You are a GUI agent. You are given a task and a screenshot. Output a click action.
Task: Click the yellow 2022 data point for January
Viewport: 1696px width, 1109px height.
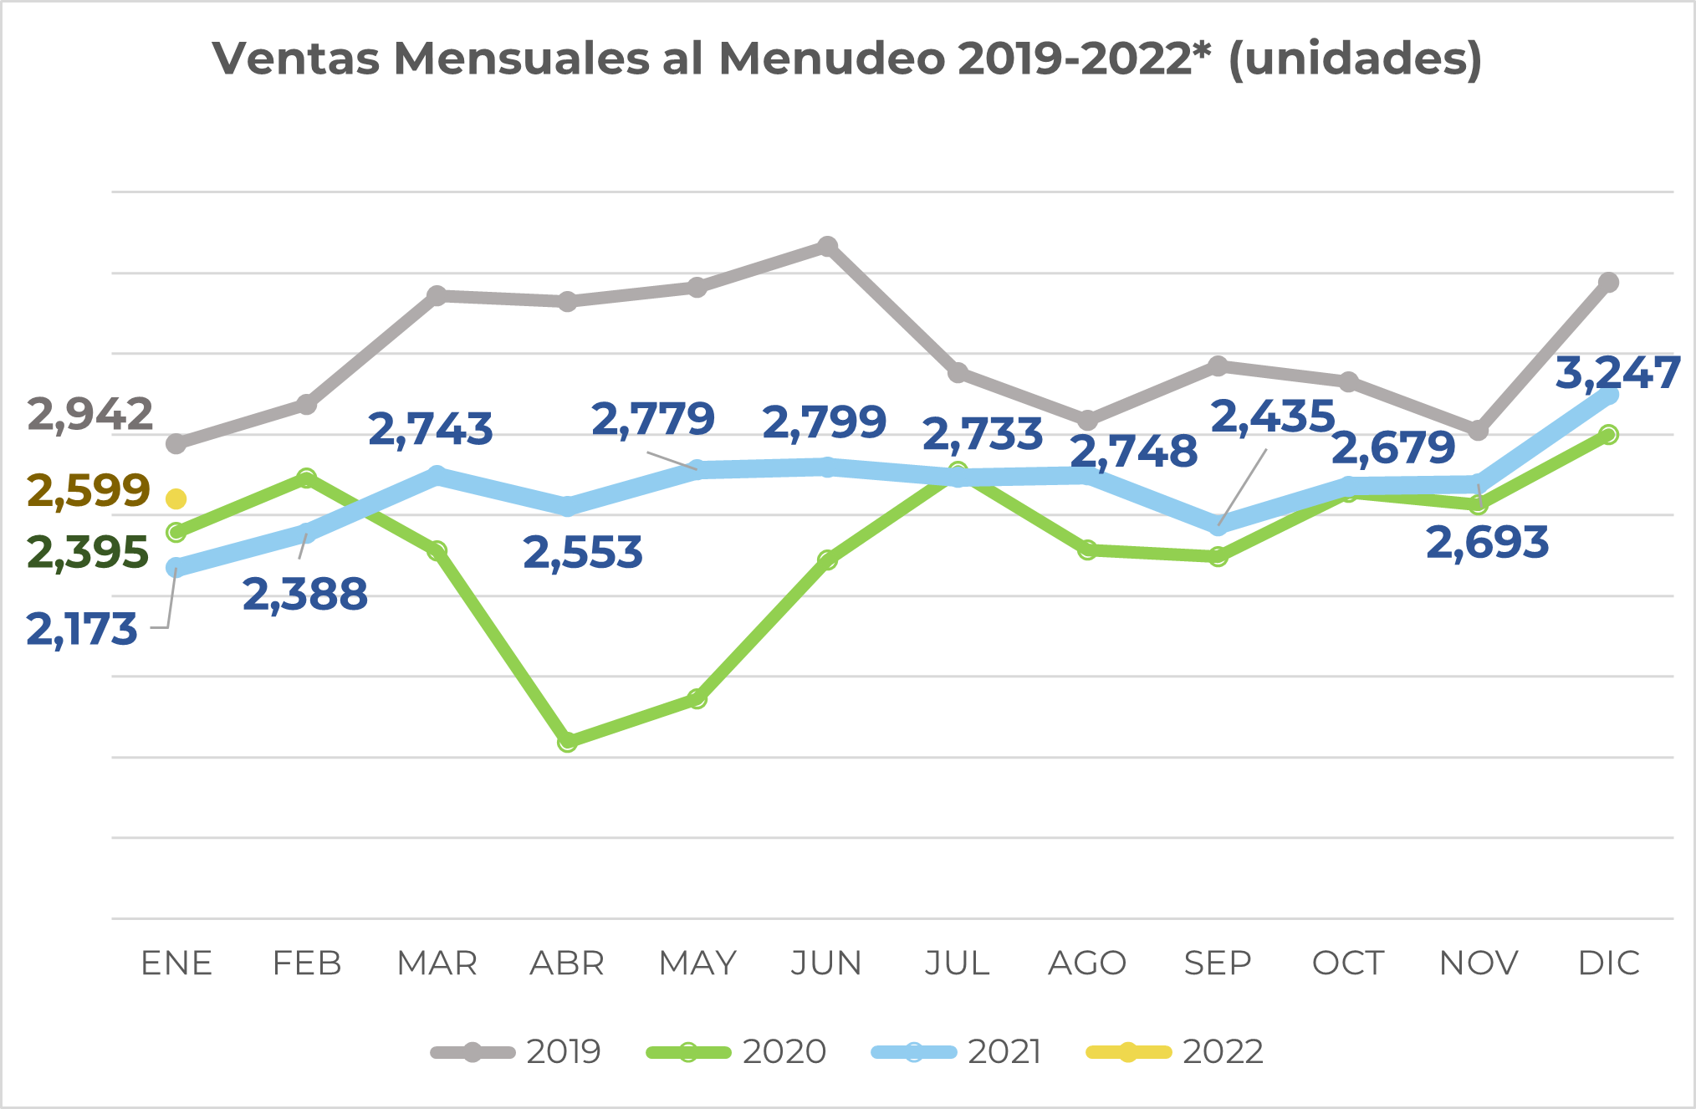[x=176, y=499]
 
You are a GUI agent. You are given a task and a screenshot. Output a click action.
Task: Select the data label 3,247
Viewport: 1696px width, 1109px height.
[x=1617, y=373]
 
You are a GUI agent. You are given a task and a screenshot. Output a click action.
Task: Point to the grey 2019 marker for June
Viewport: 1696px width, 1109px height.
[x=827, y=246]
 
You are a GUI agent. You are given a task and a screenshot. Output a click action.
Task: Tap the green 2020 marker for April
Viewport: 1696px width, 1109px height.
[x=567, y=742]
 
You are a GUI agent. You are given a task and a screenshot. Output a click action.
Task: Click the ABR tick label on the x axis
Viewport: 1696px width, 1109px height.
[x=567, y=963]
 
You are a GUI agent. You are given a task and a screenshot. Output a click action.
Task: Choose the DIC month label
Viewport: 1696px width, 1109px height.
[x=1608, y=963]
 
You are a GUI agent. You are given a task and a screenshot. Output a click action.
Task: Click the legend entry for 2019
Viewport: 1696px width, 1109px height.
[x=516, y=1051]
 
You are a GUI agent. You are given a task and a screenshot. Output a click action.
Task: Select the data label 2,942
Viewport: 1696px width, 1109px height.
[x=90, y=415]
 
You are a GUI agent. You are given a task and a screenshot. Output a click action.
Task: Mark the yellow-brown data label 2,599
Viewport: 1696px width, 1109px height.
[x=89, y=491]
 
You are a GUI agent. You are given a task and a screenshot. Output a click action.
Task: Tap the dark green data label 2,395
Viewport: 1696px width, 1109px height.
[x=88, y=553]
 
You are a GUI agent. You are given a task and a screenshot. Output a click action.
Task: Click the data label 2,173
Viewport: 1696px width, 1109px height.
[x=82, y=630]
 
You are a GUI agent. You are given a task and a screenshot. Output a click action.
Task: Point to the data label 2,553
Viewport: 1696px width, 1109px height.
[x=583, y=553]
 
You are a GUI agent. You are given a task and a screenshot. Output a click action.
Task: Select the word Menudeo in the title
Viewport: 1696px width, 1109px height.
[x=831, y=59]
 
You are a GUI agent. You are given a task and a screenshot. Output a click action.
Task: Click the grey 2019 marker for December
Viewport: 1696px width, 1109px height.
[x=1608, y=283]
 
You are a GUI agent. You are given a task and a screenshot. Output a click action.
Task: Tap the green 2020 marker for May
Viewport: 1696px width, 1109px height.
[x=697, y=698]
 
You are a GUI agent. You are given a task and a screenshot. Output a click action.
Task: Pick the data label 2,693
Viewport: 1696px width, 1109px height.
[x=1487, y=543]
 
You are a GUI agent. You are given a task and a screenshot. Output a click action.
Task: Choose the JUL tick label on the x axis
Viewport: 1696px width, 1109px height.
[x=958, y=963]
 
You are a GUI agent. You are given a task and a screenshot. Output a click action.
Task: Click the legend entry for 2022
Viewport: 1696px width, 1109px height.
[x=1174, y=1051]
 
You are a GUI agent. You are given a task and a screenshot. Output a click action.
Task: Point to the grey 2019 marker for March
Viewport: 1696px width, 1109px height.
[x=437, y=295]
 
